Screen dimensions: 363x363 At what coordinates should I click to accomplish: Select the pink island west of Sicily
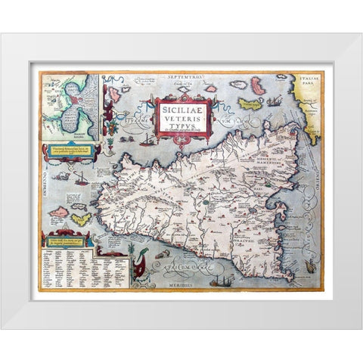(58, 212)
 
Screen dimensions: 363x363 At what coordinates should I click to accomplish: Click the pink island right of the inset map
(114, 95)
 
